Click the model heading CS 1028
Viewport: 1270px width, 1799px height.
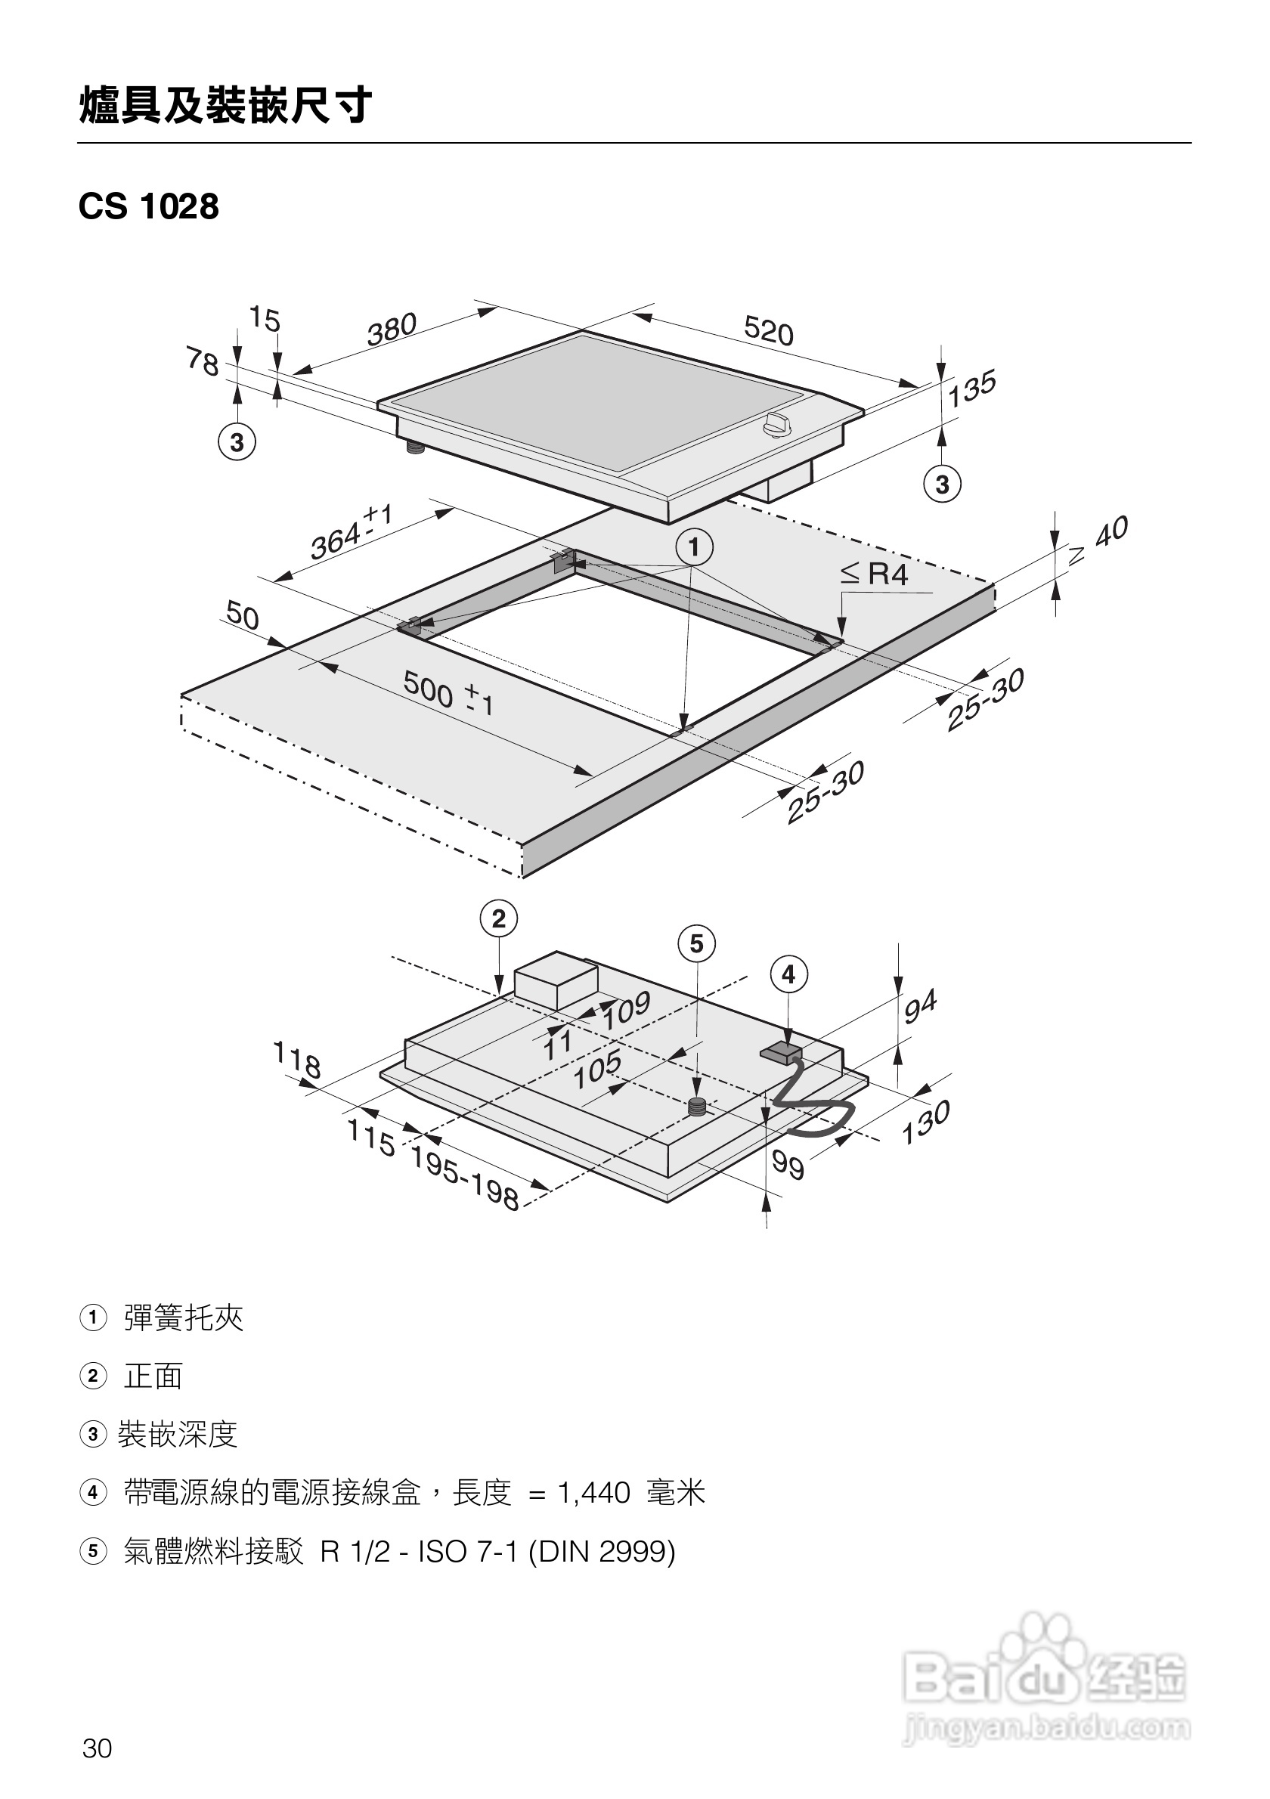tap(149, 207)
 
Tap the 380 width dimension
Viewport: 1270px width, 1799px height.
tap(392, 329)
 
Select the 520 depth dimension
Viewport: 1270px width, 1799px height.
tap(769, 330)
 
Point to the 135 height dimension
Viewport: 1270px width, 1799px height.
tap(971, 389)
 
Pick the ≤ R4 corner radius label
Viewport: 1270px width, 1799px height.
tap(875, 574)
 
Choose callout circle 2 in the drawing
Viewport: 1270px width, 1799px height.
tap(499, 918)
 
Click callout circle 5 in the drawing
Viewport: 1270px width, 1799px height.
tap(696, 943)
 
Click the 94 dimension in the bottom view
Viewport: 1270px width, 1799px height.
tap(920, 1007)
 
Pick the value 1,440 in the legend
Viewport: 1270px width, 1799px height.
tap(593, 1494)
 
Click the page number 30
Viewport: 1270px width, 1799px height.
tap(98, 1748)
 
